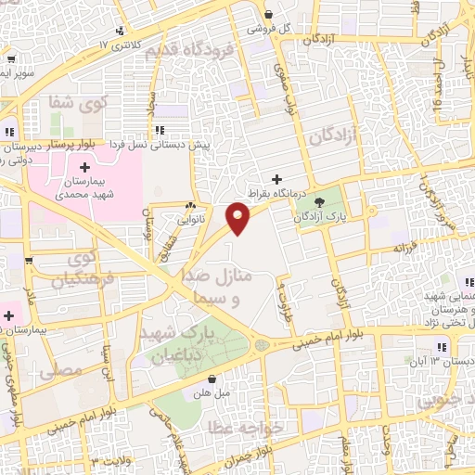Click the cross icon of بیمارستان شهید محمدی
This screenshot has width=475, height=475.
click(85, 168)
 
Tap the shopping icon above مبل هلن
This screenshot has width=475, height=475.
click(212, 379)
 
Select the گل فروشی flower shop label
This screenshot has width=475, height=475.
click(269, 29)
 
